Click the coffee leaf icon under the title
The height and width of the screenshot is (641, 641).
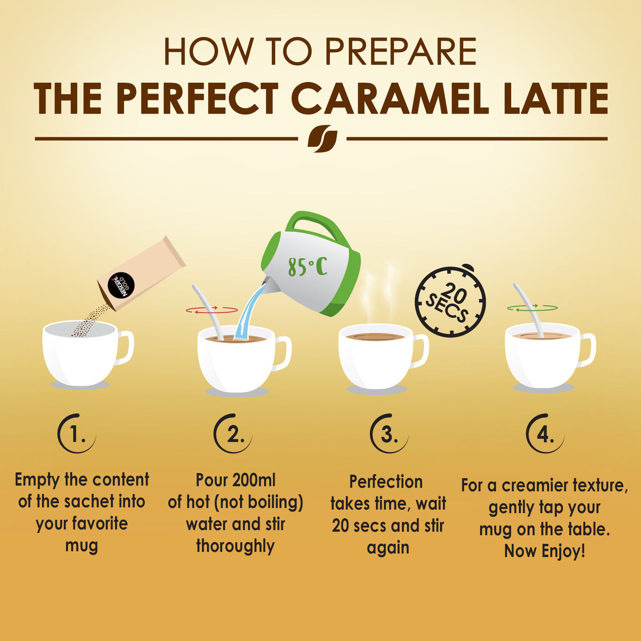322,139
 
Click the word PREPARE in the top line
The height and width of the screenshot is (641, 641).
400,52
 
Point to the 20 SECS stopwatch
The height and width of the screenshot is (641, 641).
450,302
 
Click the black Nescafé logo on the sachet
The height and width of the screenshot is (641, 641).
120,286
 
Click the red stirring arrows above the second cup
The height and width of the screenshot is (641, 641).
212,310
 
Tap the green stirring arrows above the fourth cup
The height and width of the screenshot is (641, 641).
532,308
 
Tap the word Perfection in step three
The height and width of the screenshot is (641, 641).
386,482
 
